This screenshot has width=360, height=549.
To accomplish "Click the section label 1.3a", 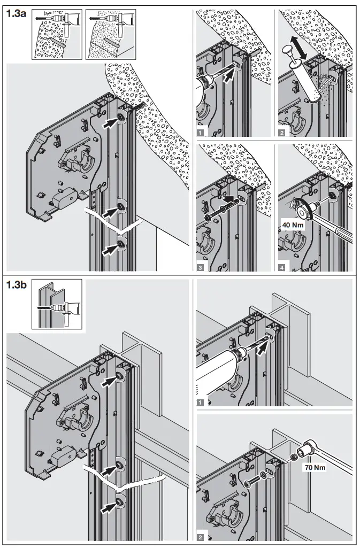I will tap(16, 14).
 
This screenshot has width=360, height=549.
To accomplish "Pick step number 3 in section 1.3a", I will tap(199, 266).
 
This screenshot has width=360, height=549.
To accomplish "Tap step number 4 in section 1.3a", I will tap(282, 266).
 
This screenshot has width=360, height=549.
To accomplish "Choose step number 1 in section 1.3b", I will tap(199, 401).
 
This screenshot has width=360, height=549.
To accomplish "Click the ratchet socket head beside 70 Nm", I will tap(310, 445).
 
